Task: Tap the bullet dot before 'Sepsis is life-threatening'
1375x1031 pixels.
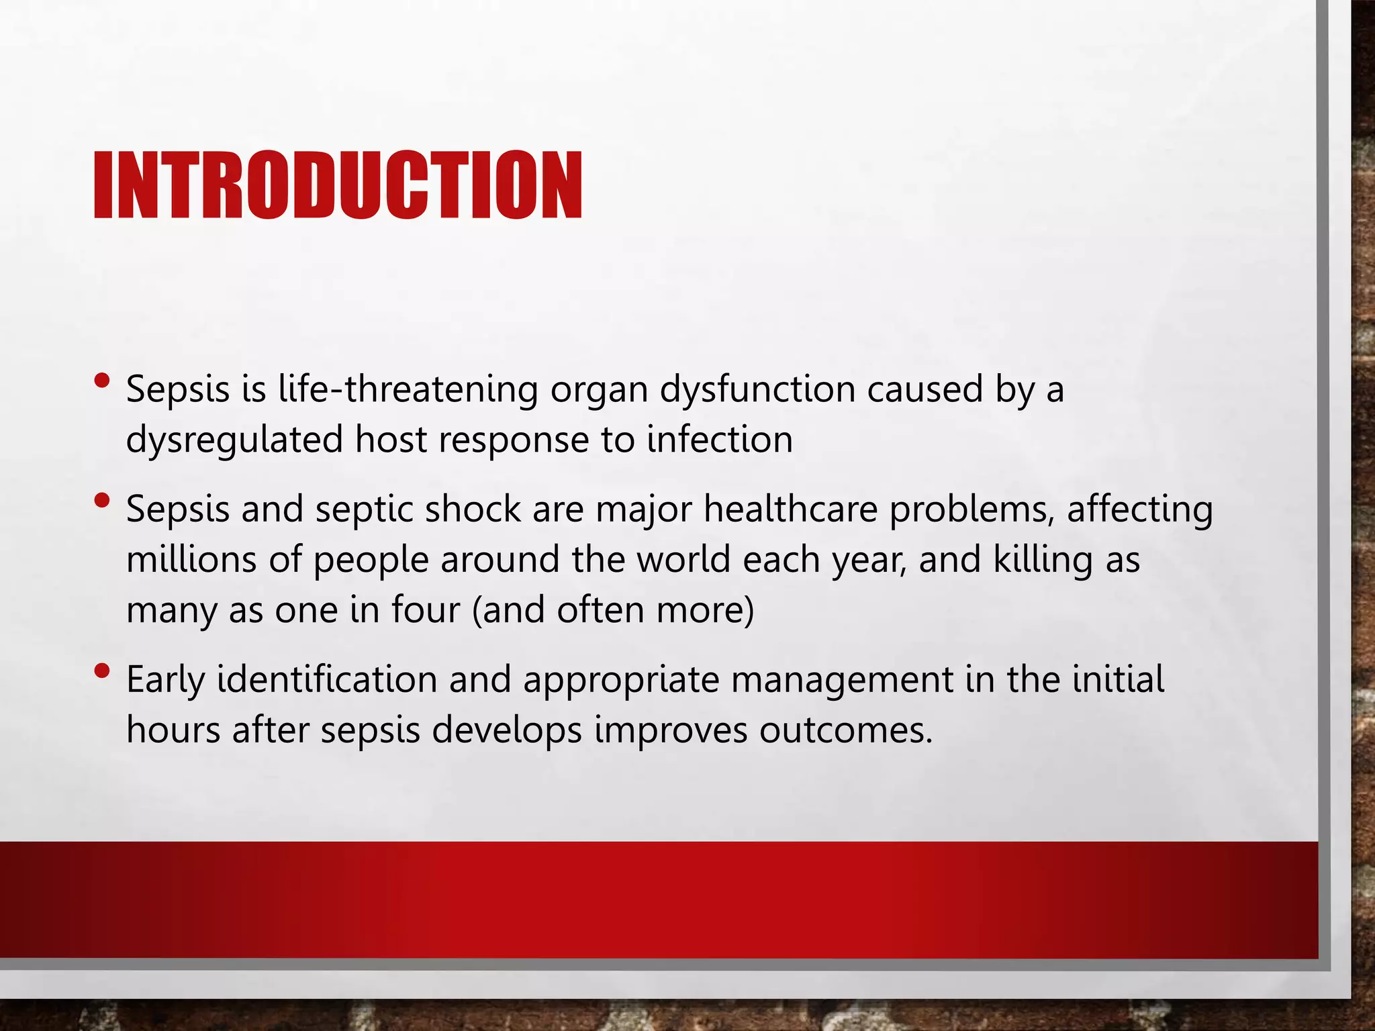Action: coord(102,381)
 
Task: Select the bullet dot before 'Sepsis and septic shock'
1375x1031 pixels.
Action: coord(102,500)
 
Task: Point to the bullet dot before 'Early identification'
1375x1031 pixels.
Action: coord(102,671)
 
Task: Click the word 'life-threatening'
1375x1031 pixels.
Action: coord(408,389)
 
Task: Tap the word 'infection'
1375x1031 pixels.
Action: coord(720,440)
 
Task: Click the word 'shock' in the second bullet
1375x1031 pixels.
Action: coord(473,509)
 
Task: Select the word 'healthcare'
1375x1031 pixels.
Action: coord(790,509)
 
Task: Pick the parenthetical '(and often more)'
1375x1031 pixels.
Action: coord(613,610)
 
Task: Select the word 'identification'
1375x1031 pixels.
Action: coord(327,679)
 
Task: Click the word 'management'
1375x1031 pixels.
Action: coord(842,681)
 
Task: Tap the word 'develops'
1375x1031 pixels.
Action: coord(507,730)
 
